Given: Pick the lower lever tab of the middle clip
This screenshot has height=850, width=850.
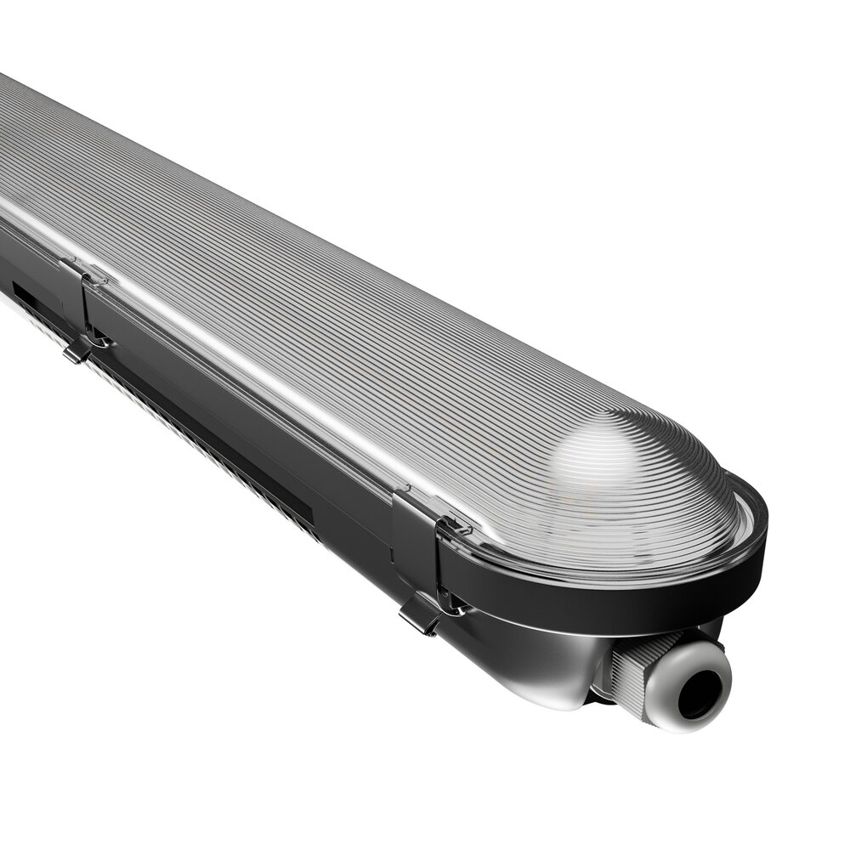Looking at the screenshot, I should (77, 350).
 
